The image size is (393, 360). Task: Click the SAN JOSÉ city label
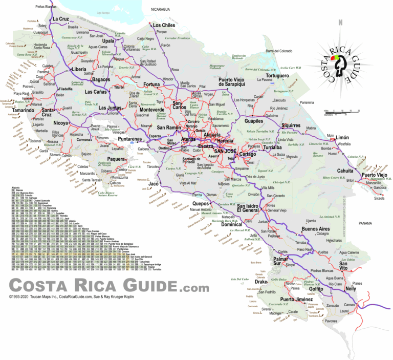click(225, 152)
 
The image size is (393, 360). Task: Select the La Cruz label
click(60, 19)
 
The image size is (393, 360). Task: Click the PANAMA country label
click(366, 223)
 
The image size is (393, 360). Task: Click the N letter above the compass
click(340, 22)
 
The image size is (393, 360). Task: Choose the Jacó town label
click(153, 183)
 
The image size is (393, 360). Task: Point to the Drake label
click(261, 282)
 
